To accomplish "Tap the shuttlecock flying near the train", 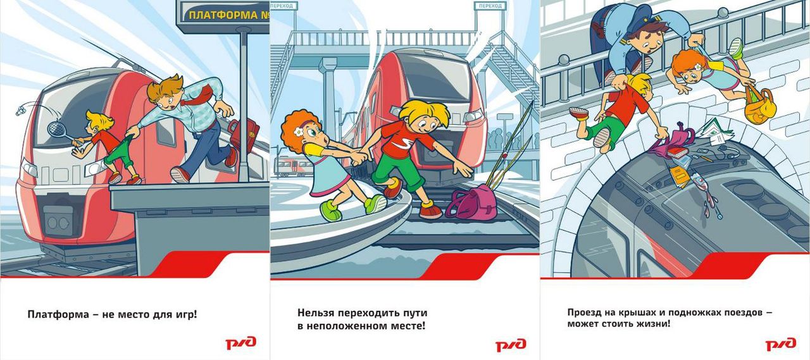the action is pos(21,110).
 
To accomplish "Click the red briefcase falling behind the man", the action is pos(244,133).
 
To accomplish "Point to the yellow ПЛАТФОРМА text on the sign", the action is pos(223,15).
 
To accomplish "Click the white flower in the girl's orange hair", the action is pos(298,132).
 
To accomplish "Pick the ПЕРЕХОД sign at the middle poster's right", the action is pos(490,6).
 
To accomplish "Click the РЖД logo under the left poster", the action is pos(241,343).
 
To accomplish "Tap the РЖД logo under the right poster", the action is pos(781,344).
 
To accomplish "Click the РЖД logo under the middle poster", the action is pos(511,344).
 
